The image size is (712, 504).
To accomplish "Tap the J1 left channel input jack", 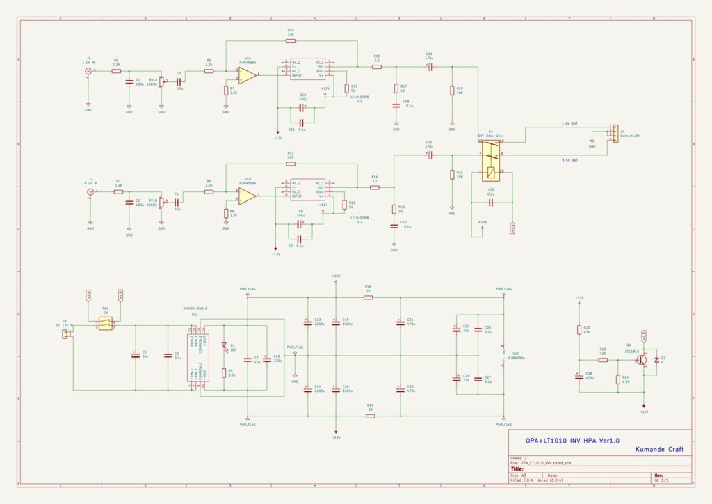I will coord(88,70).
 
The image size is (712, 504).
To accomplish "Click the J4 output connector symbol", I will coord(613,133).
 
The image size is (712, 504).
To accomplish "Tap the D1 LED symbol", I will coord(224,345).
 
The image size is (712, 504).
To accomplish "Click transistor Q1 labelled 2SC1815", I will coord(642,359).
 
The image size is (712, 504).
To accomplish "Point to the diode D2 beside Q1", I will coord(656,359).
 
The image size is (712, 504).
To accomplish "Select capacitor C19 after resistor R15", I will coord(430,67).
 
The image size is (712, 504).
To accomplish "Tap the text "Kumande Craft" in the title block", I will coord(659,450).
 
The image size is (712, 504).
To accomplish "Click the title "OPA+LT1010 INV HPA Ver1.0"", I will coord(572,441).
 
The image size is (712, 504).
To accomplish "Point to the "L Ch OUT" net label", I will coord(569,124).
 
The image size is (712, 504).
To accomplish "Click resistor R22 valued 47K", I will coord(578,329).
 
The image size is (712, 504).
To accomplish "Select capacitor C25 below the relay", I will coord(490,203).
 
